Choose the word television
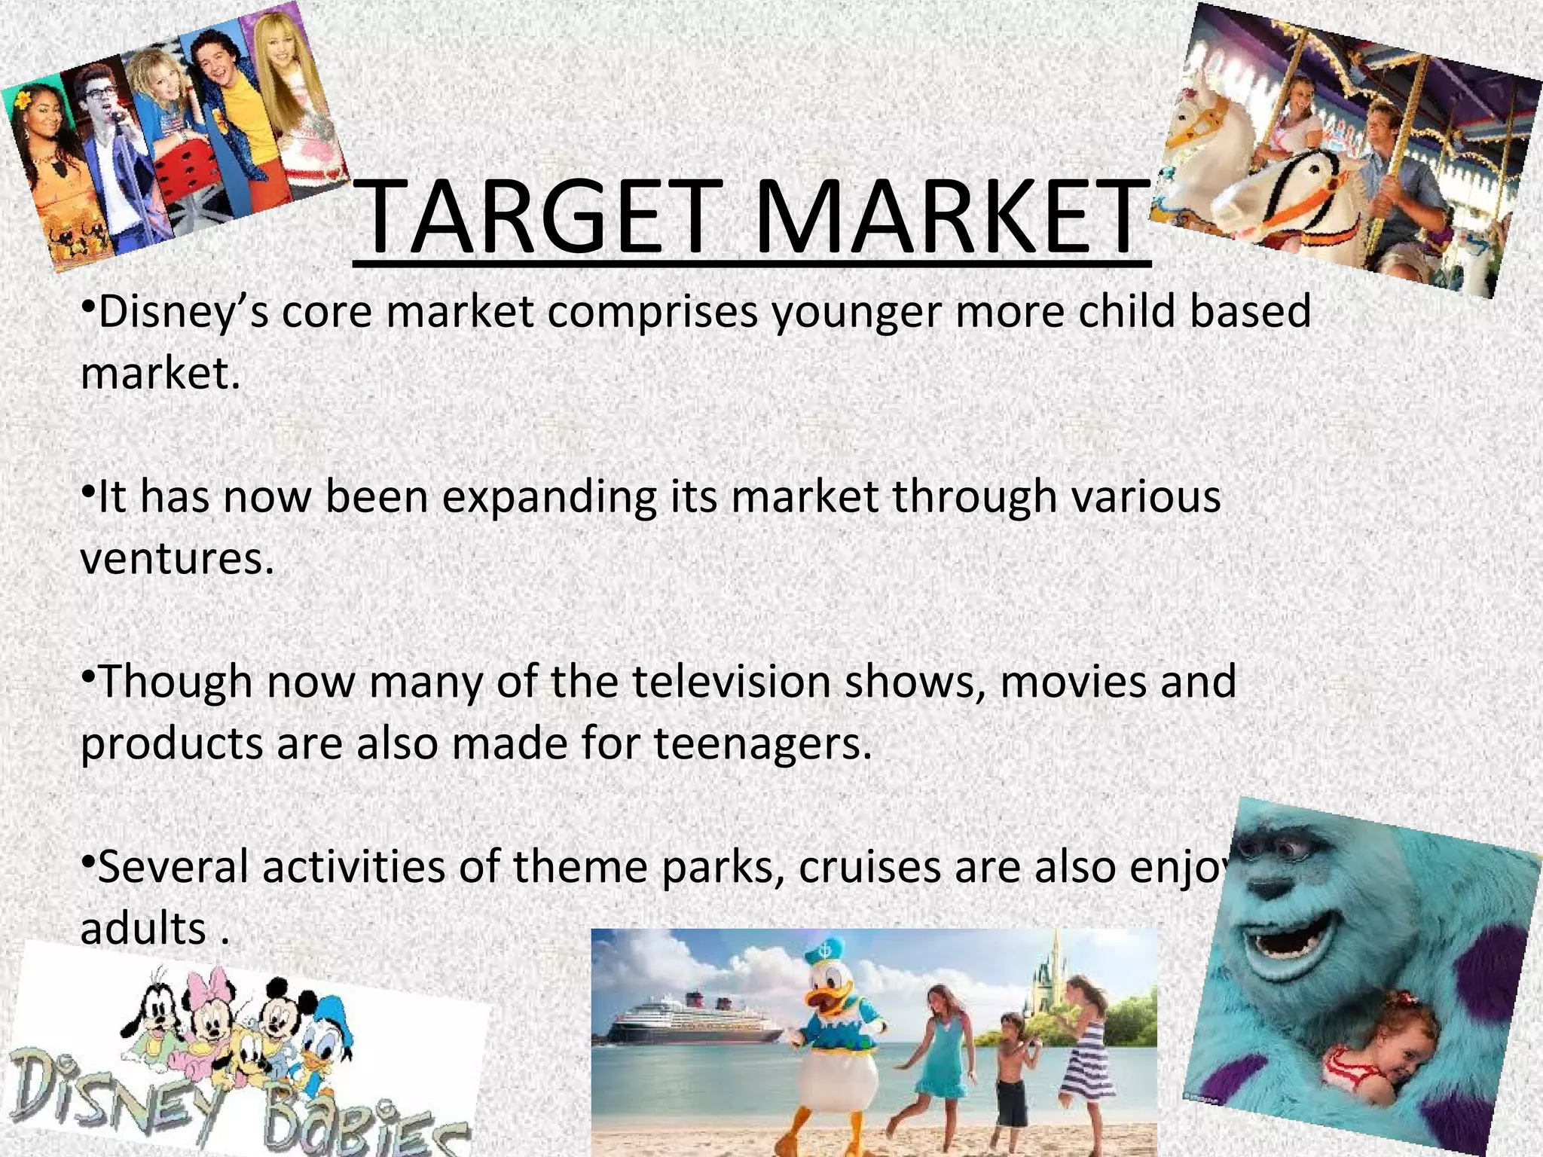(x=730, y=682)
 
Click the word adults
(x=143, y=928)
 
